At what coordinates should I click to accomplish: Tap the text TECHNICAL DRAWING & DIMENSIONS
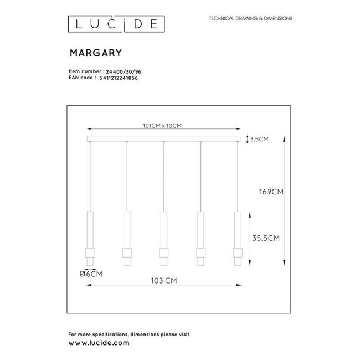[x=250, y=18]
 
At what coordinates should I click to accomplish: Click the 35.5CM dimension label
[x=265, y=238]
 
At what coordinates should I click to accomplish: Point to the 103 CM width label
[x=164, y=281]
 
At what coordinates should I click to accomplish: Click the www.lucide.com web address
[x=99, y=343]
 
